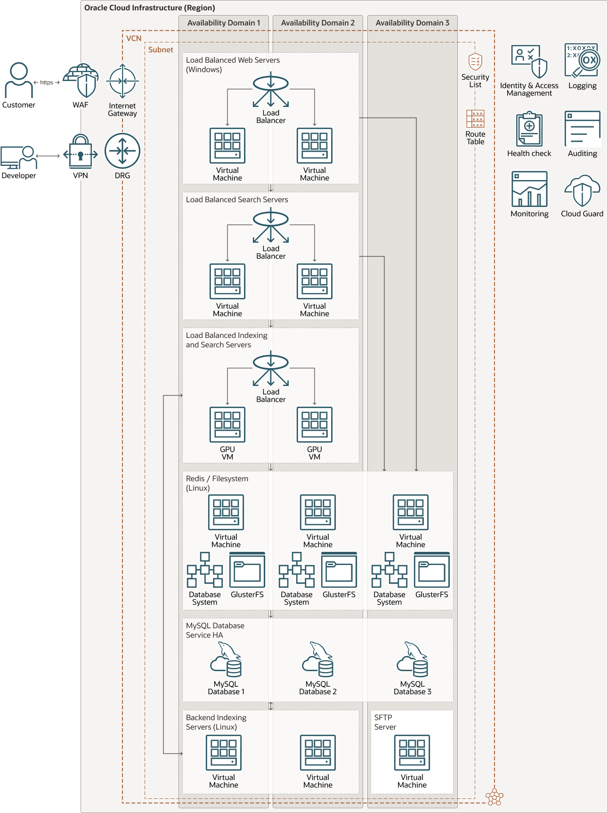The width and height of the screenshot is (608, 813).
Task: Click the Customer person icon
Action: click(19, 80)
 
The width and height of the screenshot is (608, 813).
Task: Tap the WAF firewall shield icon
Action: click(81, 81)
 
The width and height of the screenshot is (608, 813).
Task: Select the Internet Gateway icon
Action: click(122, 82)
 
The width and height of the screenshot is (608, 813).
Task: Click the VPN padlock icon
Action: click(81, 152)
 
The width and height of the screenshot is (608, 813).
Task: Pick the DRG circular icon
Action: click(122, 151)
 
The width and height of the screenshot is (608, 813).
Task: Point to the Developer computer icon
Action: click(18, 157)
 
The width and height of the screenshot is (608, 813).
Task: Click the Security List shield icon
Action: click(475, 62)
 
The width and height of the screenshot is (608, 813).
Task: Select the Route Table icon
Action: click(475, 119)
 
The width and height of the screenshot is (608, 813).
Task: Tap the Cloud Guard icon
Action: click(582, 190)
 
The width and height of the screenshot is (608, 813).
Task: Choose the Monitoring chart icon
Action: click(529, 189)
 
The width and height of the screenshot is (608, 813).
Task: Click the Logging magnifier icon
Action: click(583, 61)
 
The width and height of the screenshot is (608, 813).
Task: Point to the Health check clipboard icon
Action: click(529, 129)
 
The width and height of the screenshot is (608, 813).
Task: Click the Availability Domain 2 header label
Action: click(317, 23)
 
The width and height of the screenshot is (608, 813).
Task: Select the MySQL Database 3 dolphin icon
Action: click(413, 659)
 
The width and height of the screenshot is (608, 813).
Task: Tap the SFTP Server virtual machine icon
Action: click(412, 753)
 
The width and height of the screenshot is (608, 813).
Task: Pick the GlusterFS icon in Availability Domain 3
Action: click(432, 570)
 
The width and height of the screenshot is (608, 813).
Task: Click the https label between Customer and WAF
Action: click(47, 82)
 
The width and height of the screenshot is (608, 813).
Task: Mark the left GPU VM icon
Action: click(227, 425)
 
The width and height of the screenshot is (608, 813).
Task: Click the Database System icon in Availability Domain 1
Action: click(204, 570)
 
